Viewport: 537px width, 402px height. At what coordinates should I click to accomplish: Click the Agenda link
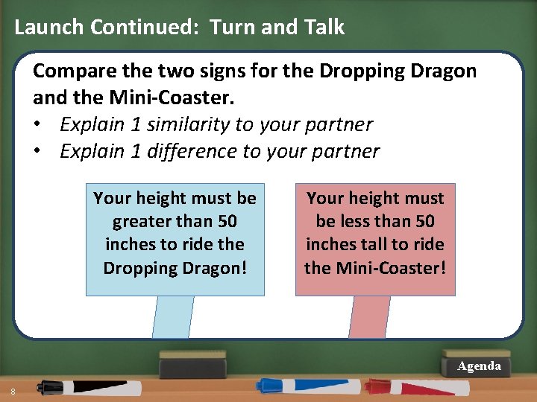pos(479,366)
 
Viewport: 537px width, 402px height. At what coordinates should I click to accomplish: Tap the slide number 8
pos(13,392)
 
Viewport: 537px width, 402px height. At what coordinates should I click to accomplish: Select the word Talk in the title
pos(324,28)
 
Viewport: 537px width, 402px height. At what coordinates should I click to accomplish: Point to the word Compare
pos(70,71)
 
